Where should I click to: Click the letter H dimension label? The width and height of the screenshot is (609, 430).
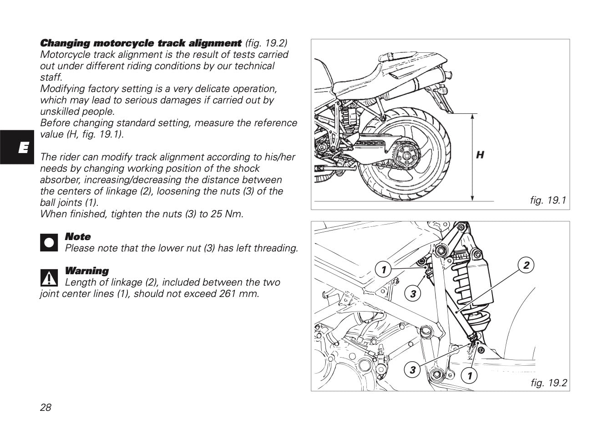[480, 155]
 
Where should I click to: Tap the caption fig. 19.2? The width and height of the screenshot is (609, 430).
[548, 383]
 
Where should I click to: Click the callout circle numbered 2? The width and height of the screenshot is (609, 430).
[526, 265]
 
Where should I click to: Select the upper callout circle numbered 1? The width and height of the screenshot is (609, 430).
[383, 270]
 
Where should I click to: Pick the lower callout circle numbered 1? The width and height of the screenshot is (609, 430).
[469, 376]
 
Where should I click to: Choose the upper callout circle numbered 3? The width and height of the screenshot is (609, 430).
[413, 294]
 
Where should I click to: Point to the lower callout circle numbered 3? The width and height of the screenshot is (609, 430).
[412, 369]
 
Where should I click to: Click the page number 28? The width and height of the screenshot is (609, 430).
[46, 407]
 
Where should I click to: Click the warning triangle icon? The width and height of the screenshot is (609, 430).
[49, 276]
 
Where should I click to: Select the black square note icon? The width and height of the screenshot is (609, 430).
[49, 242]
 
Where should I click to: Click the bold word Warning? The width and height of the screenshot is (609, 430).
[87, 271]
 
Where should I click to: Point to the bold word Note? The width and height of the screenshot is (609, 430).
[78, 237]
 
